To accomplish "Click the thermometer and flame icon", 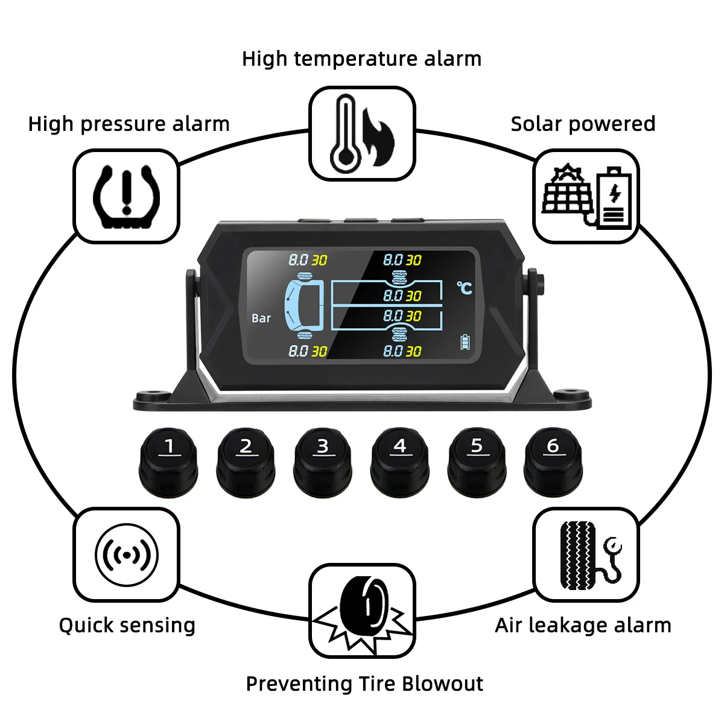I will pyautogui.click(x=362, y=133).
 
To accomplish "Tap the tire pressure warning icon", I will pyautogui.click(x=126, y=196).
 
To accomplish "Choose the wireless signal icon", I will pyautogui.click(x=126, y=554).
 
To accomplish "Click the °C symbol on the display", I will pyautogui.click(x=464, y=288).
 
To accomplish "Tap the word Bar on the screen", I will pyautogui.click(x=261, y=318).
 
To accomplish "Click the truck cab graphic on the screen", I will pyautogui.click(x=304, y=305).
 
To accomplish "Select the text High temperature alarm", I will pyautogui.click(x=361, y=59).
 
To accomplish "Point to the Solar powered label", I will pyautogui.click(x=583, y=124).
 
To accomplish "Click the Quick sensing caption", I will pyautogui.click(x=127, y=625).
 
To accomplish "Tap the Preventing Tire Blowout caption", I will pyautogui.click(x=364, y=684).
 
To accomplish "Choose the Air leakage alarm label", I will pyautogui.click(x=583, y=625).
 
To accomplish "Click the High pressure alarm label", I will pyautogui.click(x=129, y=124).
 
